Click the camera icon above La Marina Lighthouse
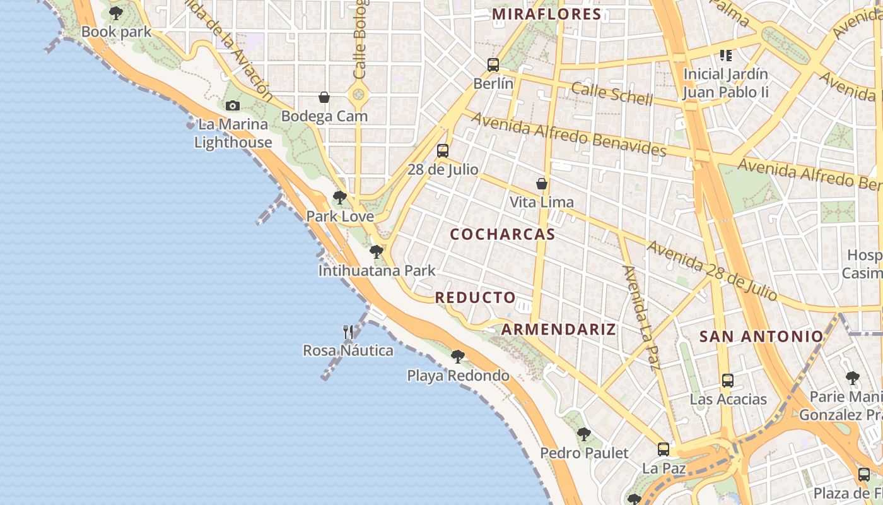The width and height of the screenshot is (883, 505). click(x=233, y=105)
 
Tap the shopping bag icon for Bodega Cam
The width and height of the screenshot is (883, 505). click(x=324, y=97)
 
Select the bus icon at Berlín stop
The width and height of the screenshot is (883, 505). click(x=493, y=64)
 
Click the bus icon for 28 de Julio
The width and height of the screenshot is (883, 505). click(x=443, y=150)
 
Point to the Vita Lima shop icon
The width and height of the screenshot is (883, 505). click(x=541, y=184)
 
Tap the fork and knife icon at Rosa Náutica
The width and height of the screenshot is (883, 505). click(x=348, y=331)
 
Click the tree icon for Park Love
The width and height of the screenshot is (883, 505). click(x=340, y=198)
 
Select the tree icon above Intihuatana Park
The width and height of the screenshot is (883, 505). click(x=377, y=252)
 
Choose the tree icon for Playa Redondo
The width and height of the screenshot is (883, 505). click(x=458, y=357)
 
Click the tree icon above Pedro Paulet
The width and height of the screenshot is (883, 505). click(x=584, y=434)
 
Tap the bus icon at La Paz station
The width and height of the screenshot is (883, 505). click(x=664, y=449)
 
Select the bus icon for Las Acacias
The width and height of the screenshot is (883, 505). click(x=728, y=380)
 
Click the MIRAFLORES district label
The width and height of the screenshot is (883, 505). click(x=546, y=15)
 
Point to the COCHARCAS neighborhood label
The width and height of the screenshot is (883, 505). click(x=503, y=235)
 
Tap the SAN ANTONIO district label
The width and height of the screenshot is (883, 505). click(x=761, y=336)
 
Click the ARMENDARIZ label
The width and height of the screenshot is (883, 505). click(x=558, y=329)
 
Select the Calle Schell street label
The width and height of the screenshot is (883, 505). click(x=612, y=94)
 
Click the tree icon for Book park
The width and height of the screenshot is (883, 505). click(x=116, y=13)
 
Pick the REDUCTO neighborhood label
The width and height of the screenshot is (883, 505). click(x=476, y=297)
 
